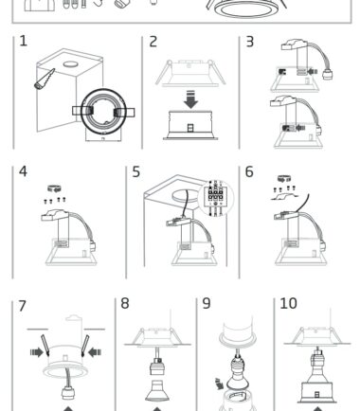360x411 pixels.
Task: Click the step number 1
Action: (x=23, y=41)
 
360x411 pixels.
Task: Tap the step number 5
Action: (x=136, y=172)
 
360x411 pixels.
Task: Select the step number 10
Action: (x=288, y=303)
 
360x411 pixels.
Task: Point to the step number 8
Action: (x=125, y=303)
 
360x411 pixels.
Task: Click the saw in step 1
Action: (x=45, y=79)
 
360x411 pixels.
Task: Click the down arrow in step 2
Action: (x=190, y=99)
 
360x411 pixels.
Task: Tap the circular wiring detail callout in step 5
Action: (x=216, y=198)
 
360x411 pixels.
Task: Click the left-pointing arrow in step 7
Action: (x=95, y=352)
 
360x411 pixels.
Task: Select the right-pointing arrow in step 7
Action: (x=37, y=352)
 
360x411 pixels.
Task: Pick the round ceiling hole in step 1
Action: (x=70, y=64)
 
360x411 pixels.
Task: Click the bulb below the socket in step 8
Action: (x=157, y=391)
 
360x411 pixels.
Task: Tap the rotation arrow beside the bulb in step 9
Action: (x=219, y=384)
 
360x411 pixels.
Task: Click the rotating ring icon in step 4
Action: (x=54, y=188)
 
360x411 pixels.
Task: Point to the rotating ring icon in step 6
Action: (x=284, y=179)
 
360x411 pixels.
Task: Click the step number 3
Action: (x=249, y=42)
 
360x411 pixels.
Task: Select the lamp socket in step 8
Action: (x=157, y=366)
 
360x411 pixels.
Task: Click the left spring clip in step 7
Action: (x=45, y=345)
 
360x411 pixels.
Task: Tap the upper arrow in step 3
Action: (x=313, y=72)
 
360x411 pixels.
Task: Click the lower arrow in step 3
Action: (x=300, y=128)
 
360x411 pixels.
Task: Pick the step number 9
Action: (x=207, y=303)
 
